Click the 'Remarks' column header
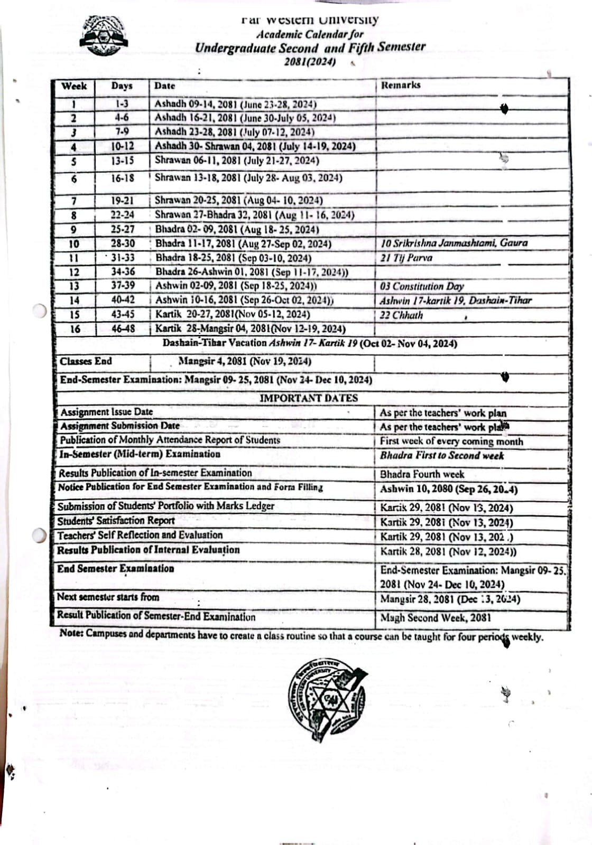[x=401, y=85]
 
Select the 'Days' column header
[x=122, y=86]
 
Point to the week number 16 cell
[x=75, y=329]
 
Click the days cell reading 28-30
[x=123, y=243]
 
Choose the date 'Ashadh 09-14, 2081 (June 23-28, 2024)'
[x=235, y=104]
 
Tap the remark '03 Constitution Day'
[x=422, y=286]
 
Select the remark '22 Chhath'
[x=402, y=315]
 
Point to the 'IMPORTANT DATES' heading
[x=309, y=398]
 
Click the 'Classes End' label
[x=86, y=362]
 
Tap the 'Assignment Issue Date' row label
[x=107, y=412]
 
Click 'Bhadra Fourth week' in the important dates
[x=422, y=474]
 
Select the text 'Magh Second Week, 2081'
[x=436, y=617]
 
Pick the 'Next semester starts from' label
[x=108, y=597]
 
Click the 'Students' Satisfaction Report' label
[x=116, y=521]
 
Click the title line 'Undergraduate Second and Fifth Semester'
[x=310, y=48]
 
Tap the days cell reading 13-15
[x=123, y=161]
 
